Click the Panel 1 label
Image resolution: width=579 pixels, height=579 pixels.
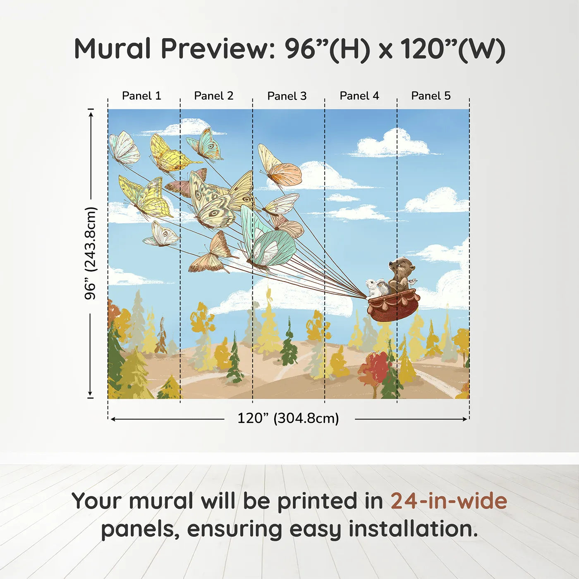coord(141,96)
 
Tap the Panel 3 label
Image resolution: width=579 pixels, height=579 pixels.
coord(287,96)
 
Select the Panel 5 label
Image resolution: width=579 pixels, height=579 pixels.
coord(431,96)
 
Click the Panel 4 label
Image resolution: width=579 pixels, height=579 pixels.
coord(359,96)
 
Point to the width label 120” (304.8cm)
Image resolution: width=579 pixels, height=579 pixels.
coord(288,418)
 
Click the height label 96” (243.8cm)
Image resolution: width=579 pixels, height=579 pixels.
coord(90,253)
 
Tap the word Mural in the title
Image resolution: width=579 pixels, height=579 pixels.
coord(112,49)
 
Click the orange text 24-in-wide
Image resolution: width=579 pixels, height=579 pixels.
coord(449,501)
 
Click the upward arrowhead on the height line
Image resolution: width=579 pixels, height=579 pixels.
coord(91,113)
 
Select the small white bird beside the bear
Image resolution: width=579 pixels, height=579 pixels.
coord(412,282)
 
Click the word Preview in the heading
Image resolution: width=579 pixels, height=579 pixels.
coord(215,49)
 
